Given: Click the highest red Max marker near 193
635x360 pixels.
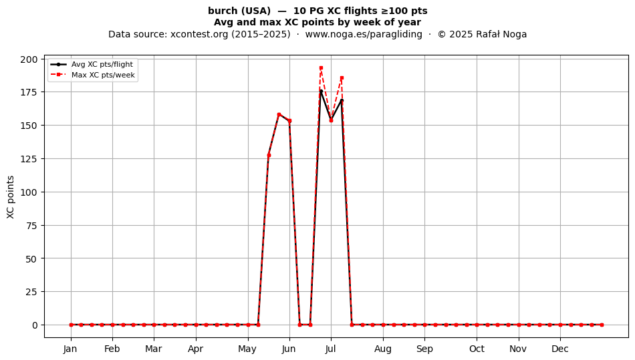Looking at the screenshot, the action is click(x=321, y=68).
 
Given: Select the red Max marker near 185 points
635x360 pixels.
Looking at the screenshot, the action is click(x=342, y=78).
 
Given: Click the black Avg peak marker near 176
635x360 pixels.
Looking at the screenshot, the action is click(x=321, y=91).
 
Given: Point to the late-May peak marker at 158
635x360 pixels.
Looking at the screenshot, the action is click(x=279, y=114).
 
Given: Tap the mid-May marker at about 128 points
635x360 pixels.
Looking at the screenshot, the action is click(x=269, y=155).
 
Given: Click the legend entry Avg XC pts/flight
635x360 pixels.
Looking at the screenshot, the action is click(x=102, y=64).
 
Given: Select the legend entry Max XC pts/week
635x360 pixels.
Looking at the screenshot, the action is click(x=103, y=75).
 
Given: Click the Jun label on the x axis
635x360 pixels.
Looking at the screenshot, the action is click(x=289, y=349).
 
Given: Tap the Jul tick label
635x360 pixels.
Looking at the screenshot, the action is click(x=331, y=349).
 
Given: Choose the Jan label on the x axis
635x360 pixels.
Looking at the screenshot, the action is click(x=70, y=349).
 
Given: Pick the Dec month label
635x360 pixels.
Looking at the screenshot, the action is click(x=560, y=349).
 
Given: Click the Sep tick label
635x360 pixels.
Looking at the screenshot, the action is click(x=424, y=349).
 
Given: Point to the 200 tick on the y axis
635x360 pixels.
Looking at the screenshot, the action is click(x=29, y=59).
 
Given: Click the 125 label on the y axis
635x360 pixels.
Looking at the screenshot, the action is click(x=29, y=159).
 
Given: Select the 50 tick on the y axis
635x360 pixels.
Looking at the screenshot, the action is click(x=31, y=258).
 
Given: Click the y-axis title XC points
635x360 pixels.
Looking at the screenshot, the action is click(x=11, y=197).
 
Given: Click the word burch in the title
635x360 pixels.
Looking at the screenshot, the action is click(x=221, y=11).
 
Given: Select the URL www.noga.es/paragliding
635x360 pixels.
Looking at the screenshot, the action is click(x=364, y=34).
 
